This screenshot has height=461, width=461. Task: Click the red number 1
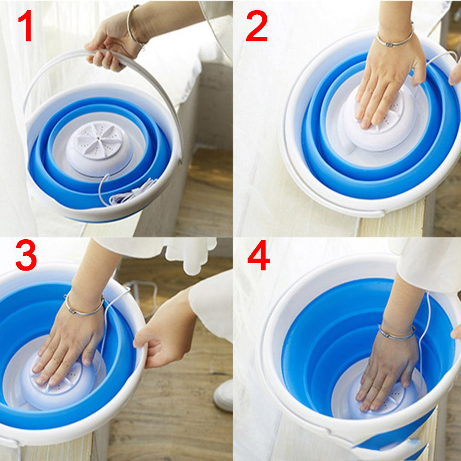(26, 25)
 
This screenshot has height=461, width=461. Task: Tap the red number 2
(257, 25)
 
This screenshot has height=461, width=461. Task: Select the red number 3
(26, 255)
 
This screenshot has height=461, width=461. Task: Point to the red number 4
(259, 255)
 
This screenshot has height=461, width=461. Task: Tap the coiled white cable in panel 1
(130, 193)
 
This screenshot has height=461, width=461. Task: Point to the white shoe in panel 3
(224, 396)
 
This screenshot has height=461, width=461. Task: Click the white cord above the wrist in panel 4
(427, 312)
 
